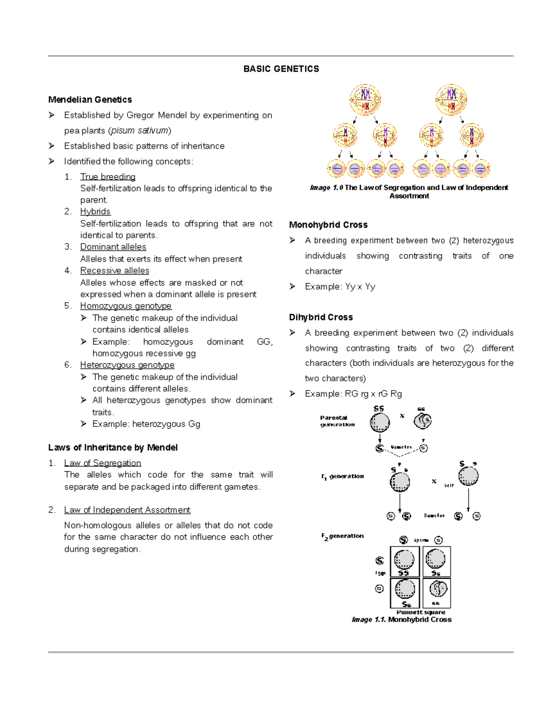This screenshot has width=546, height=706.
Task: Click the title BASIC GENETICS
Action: pyautogui.click(x=281, y=69)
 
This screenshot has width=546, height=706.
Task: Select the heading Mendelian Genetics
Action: pyautogui.click(x=90, y=100)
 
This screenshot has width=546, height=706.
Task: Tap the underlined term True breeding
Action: pyautogui.click(x=108, y=177)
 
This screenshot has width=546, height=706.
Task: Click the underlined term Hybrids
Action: pyautogui.click(x=95, y=211)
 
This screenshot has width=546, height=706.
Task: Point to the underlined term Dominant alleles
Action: pyautogui.click(x=113, y=247)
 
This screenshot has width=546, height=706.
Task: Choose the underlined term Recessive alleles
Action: pyautogui.click(x=115, y=270)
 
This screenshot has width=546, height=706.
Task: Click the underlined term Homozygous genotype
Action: pyautogui.click(x=126, y=306)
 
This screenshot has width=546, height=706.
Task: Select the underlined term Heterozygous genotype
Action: pyautogui.click(x=127, y=365)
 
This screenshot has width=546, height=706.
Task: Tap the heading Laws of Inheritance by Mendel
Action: pyautogui.click(x=113, y=448)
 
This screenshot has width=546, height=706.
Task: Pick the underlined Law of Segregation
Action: pyautogui.click(x=102, y=463)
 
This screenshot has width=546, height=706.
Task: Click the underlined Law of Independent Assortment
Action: pyautogui.click(x=127, y=510)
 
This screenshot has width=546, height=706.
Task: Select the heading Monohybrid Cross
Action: pyautogui.click(x=328, y=225)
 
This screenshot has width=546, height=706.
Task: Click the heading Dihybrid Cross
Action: pyautogui.click(x=321, y=317)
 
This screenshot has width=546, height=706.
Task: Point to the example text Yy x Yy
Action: pyautogui.click(x=360, y=287)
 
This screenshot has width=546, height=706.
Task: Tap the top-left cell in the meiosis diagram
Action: pyautogui.click(x=365, y=100)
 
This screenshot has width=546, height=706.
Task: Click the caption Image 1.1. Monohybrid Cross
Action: pyautogui.click(x=401, y=620)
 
